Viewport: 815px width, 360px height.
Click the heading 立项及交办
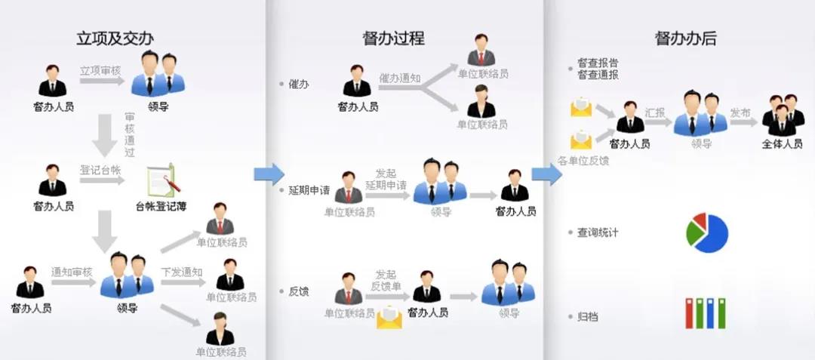pyautogui.click(x=120, y=38)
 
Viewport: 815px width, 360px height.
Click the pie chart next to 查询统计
pyautogui.click(x=707, y=232)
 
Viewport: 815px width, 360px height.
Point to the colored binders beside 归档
pyautogui.click(x=705, y=313)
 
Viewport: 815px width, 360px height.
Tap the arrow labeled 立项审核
pyautogui.click(x=102, y=80)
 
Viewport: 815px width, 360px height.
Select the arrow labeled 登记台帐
pyautogui.click(x=102, y=180)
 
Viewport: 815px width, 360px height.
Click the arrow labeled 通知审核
pyautogui.click(x=72, y=282)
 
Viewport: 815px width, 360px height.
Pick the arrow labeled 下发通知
pyautogui.click(x=182, y=282)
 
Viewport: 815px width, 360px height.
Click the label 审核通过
pyautogui.click(x=129, y=134)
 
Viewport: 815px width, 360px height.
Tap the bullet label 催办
pyautogui.click(x=299, y=85)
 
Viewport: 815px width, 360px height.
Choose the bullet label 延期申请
pyautogui.click(x=309, y=190)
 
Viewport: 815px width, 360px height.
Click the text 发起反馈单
pyautogui.click(x=386, y=280)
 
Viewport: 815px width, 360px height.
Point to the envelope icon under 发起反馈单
pyautogui.click(x=389, y=317)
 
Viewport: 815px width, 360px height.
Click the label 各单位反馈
pyautogui.click(x=583, y=161)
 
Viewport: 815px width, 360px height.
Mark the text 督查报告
pyautogui.click(x=598, y=63)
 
